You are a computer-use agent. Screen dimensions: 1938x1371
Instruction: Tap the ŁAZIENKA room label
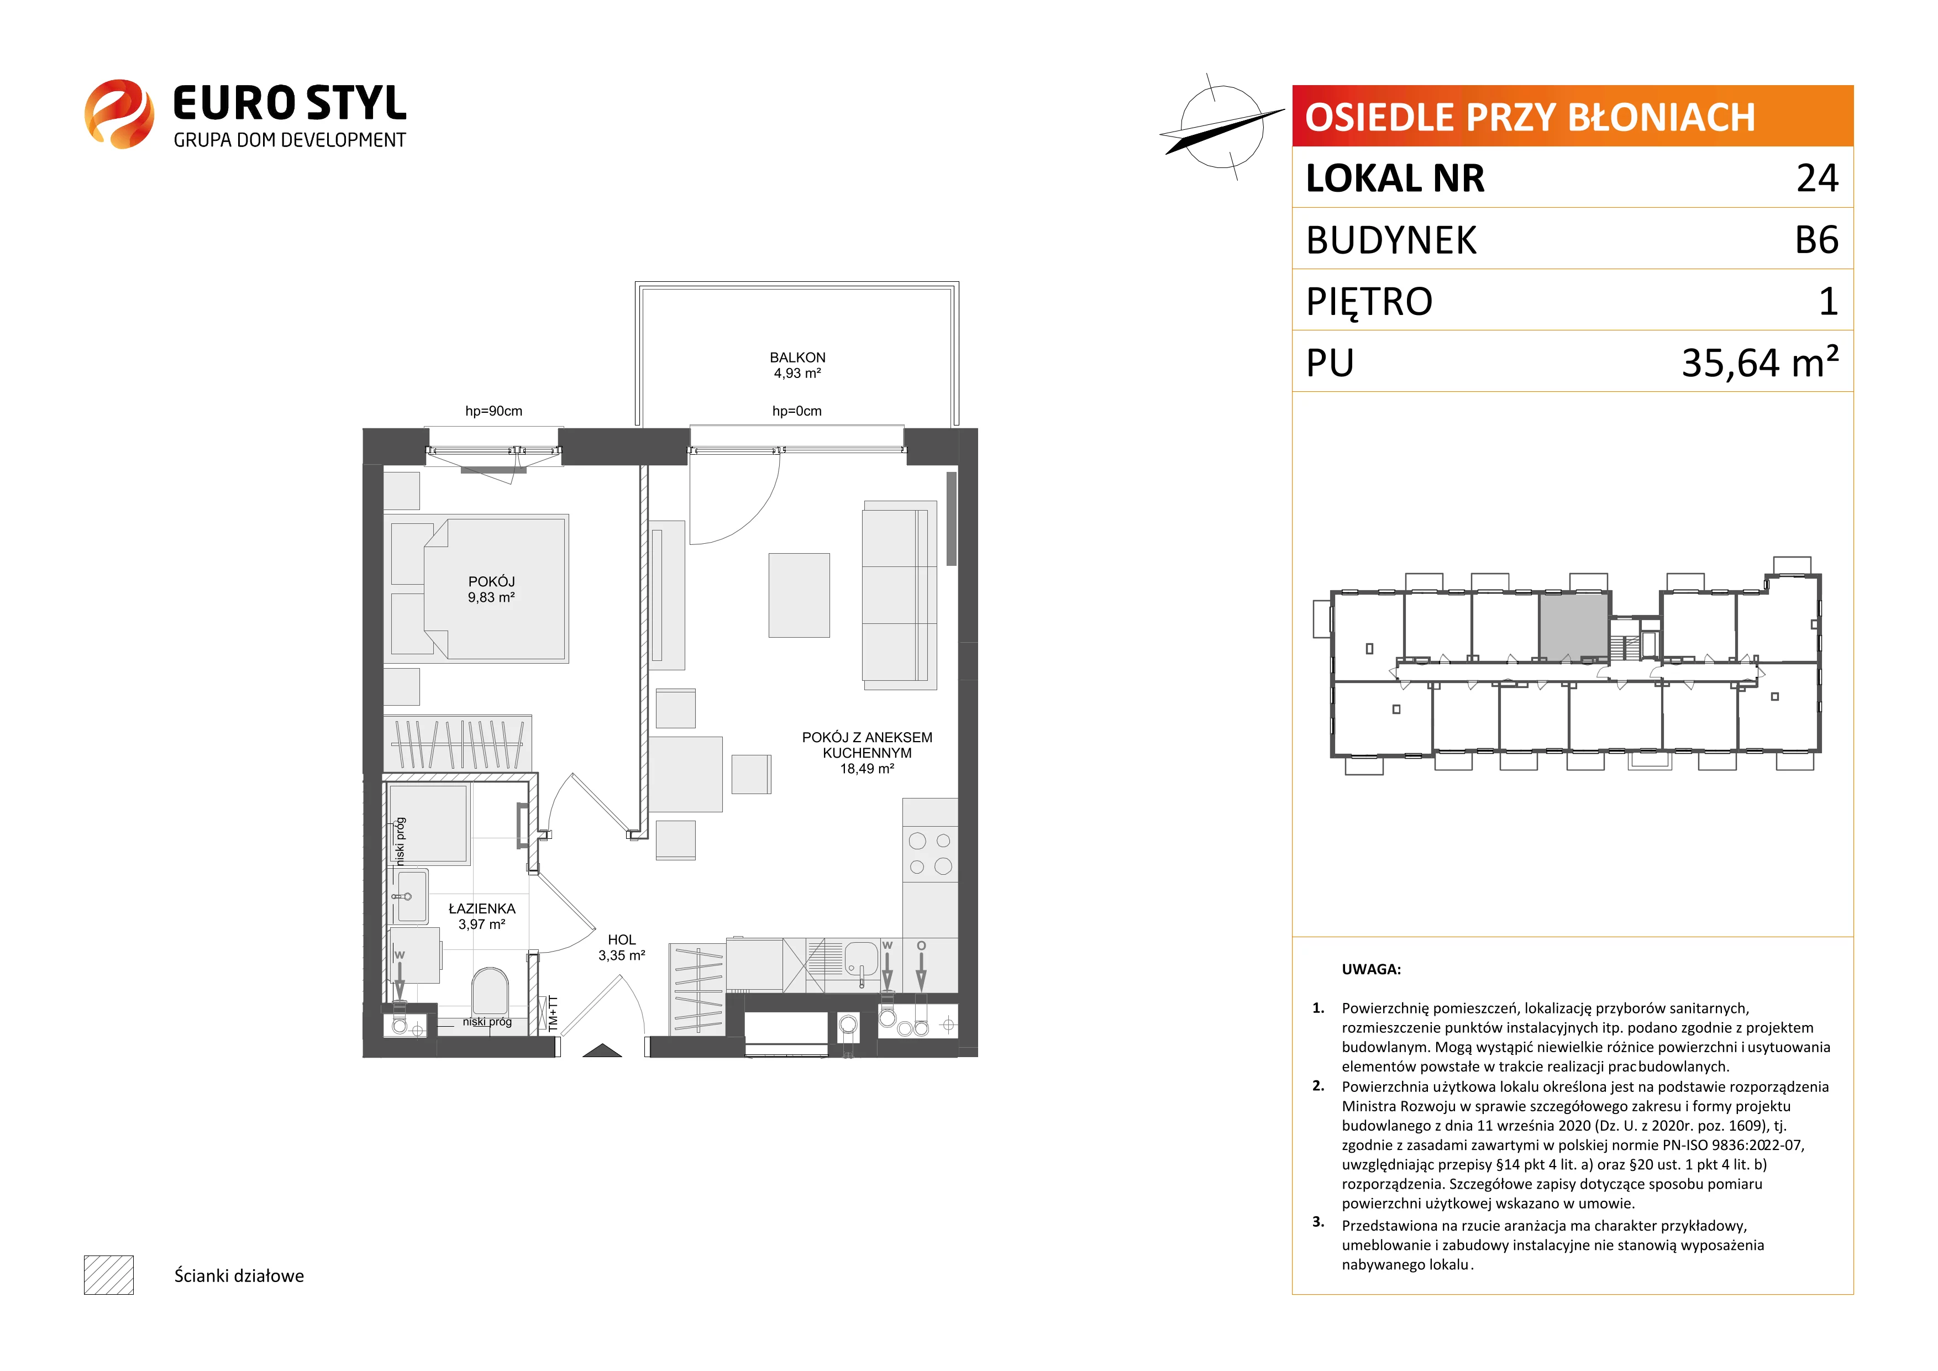coord(482,908)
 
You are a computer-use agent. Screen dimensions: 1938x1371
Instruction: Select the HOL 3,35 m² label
coord(622,947)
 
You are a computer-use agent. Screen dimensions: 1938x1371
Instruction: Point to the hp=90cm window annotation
coord(494,411)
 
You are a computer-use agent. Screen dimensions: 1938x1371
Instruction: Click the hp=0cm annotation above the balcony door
coord(797,411)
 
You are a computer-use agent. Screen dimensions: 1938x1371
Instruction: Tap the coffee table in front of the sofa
coord(799,595)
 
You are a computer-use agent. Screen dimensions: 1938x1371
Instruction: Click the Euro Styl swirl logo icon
coord(119,114)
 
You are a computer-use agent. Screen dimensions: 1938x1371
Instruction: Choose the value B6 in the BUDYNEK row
coord(1816,240)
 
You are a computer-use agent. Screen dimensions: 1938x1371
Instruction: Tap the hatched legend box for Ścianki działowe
coord(109,1275)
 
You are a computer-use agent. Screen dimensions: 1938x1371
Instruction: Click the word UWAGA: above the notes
coord(1371,969)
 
